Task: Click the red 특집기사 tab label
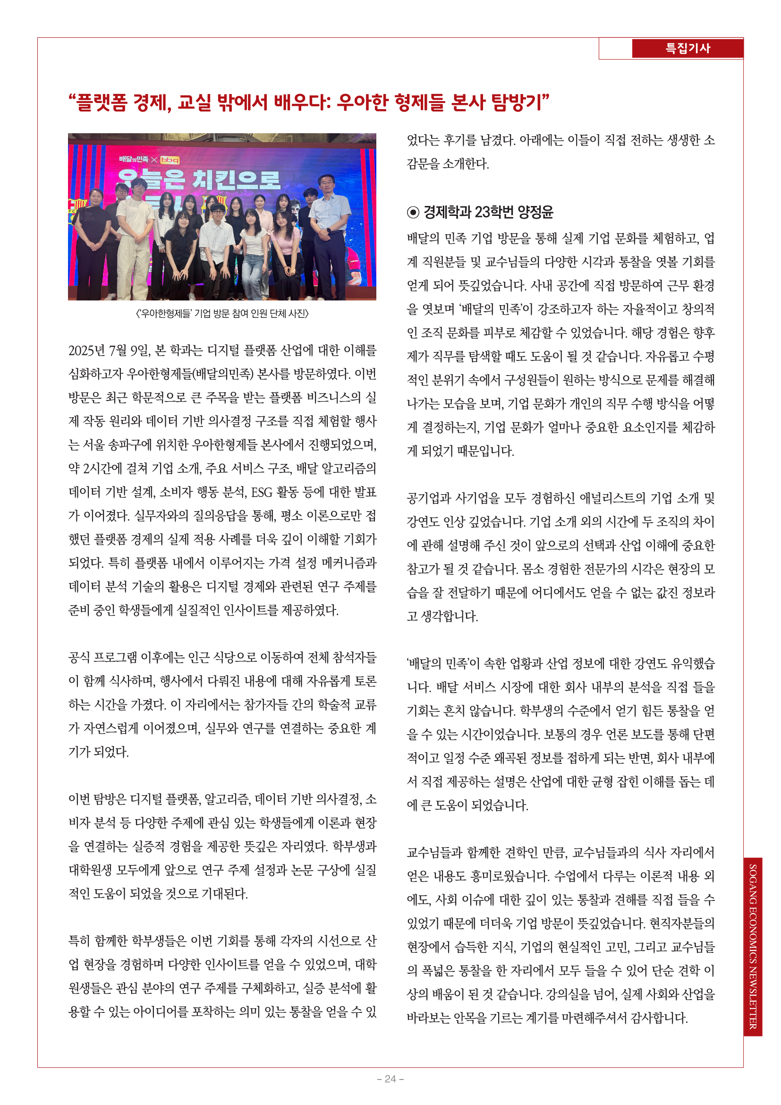coord(687,48)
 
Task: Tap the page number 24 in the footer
coord(390,1079)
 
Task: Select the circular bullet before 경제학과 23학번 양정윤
coord(413,212)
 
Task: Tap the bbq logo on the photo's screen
coord(170,160)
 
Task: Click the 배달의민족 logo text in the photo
coord(134,159)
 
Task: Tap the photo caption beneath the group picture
coord(222,314)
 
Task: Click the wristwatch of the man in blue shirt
coord(329,230)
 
